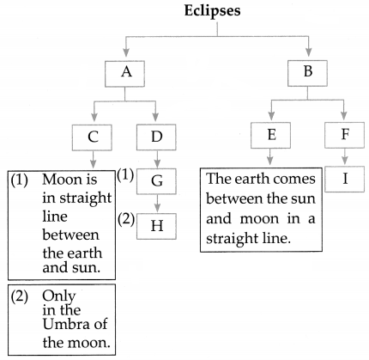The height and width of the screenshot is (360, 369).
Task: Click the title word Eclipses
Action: [x=212, y=11]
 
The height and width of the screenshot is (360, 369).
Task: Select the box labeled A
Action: [x=124, y=74]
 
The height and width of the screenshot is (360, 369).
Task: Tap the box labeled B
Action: [x=307, y=73]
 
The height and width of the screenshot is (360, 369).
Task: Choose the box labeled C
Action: [x=92, y=137]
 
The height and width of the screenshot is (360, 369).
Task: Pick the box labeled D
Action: [x=156, y=137]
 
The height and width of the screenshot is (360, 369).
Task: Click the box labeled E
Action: [x=270, y=135]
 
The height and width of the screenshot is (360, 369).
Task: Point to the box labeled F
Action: [x=345, y=135]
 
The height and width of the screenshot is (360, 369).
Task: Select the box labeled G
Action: [x=156, y=181]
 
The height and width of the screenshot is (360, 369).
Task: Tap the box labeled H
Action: [x=156, y=226]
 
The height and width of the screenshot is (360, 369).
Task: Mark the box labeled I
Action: [x=345, y=179]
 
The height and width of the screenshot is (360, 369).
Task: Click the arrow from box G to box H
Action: [x=157, y=204]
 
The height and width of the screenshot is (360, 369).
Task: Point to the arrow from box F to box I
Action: [x=345, y=157]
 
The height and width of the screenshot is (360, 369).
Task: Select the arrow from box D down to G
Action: [x=157, y=159]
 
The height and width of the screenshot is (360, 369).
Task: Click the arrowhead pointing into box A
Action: [x=125, y=52]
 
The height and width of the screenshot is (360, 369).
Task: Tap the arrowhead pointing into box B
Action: [x=308, y=52]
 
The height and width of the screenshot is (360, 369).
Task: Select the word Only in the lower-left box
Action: [x=59, y=296]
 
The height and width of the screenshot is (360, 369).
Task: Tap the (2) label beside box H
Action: [x=125, y=220]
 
